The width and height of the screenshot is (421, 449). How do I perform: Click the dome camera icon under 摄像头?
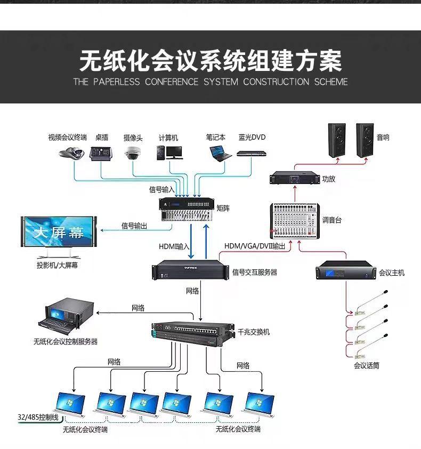tap(132, 153)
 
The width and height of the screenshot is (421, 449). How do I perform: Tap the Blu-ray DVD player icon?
tap(252, 154)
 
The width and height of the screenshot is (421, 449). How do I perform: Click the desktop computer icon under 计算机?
tap(169, 153)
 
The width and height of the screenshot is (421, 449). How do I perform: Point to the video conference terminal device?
tap(71, 153)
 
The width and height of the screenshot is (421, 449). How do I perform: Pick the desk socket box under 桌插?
tap(101, 154)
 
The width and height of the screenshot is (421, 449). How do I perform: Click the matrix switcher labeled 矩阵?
tap(187, 210)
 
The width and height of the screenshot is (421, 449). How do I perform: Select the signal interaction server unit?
tap(190, 270)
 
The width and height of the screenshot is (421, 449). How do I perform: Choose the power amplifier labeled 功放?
tap(295, 177)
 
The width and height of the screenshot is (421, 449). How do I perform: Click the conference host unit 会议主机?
tap(346, 270)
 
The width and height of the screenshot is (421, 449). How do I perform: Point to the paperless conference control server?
tap(67, 316)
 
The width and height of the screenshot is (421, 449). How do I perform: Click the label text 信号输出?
tap(134, 226)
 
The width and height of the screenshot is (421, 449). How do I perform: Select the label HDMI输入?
tap(174, 246)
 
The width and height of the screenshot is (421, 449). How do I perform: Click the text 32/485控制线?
tap(38, 418)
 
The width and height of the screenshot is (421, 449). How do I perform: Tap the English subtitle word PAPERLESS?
tap(117, 82)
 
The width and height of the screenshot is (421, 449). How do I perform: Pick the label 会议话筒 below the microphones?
tap(366, 366)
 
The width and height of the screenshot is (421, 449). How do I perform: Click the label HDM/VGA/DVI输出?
tap(255, 246)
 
